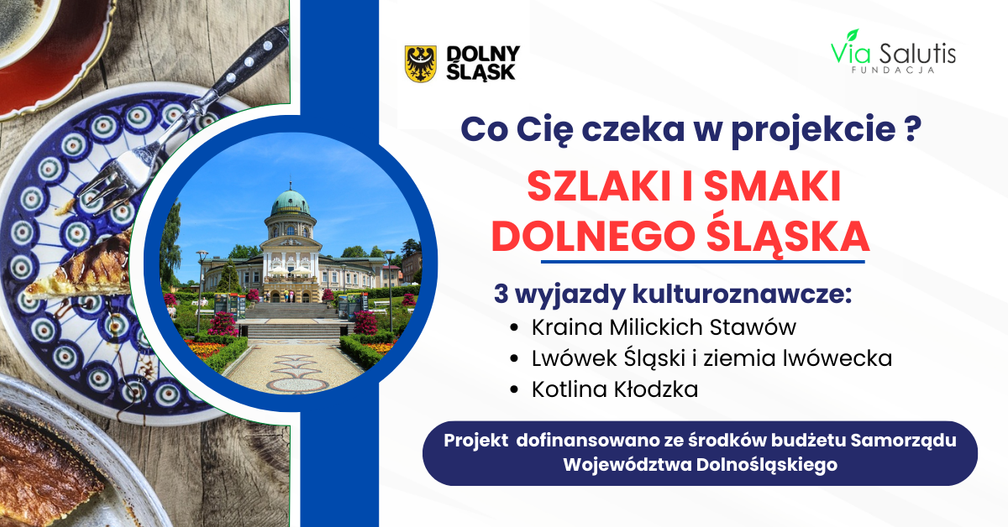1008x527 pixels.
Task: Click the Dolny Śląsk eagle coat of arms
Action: click(x=420, y=64)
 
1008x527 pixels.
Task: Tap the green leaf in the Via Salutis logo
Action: click(x=853, y=35)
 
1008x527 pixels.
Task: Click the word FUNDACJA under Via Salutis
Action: click(x=893, y=70)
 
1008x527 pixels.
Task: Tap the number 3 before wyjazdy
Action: click(x=501, y=294)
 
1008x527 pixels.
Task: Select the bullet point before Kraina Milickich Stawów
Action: click(x=514, y=328)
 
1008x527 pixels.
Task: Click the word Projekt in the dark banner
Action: click(x=475, y=441)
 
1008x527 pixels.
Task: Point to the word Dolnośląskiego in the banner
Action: click(x=767, y=465)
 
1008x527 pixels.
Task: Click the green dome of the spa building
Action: click(x=291, y=203)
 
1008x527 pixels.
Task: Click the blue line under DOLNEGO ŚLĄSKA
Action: click(x=702, y=262)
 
